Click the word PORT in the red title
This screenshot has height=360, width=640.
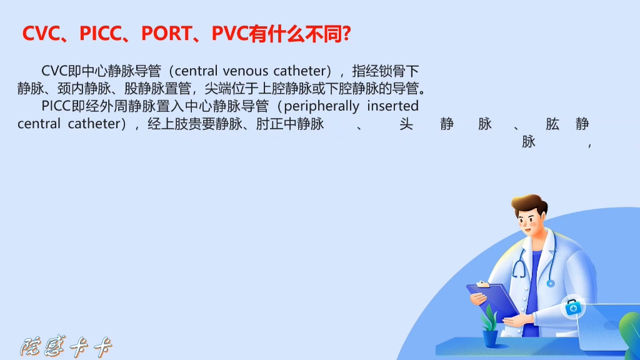166,34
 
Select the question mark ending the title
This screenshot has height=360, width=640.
346,34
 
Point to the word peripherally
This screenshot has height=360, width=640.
322,107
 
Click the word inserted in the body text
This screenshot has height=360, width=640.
392,106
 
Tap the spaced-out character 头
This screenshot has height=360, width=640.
406,124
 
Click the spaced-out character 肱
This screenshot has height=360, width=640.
552,124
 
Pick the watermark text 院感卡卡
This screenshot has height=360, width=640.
66,347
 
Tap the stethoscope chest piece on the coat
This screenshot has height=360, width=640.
551,283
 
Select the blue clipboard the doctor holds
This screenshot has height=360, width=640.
493,301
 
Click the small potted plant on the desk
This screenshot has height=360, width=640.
490,327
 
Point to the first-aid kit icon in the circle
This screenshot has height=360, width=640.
573,307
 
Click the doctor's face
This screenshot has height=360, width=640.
528,224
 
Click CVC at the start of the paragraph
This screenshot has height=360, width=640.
54,71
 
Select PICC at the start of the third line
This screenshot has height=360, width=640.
56,106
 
